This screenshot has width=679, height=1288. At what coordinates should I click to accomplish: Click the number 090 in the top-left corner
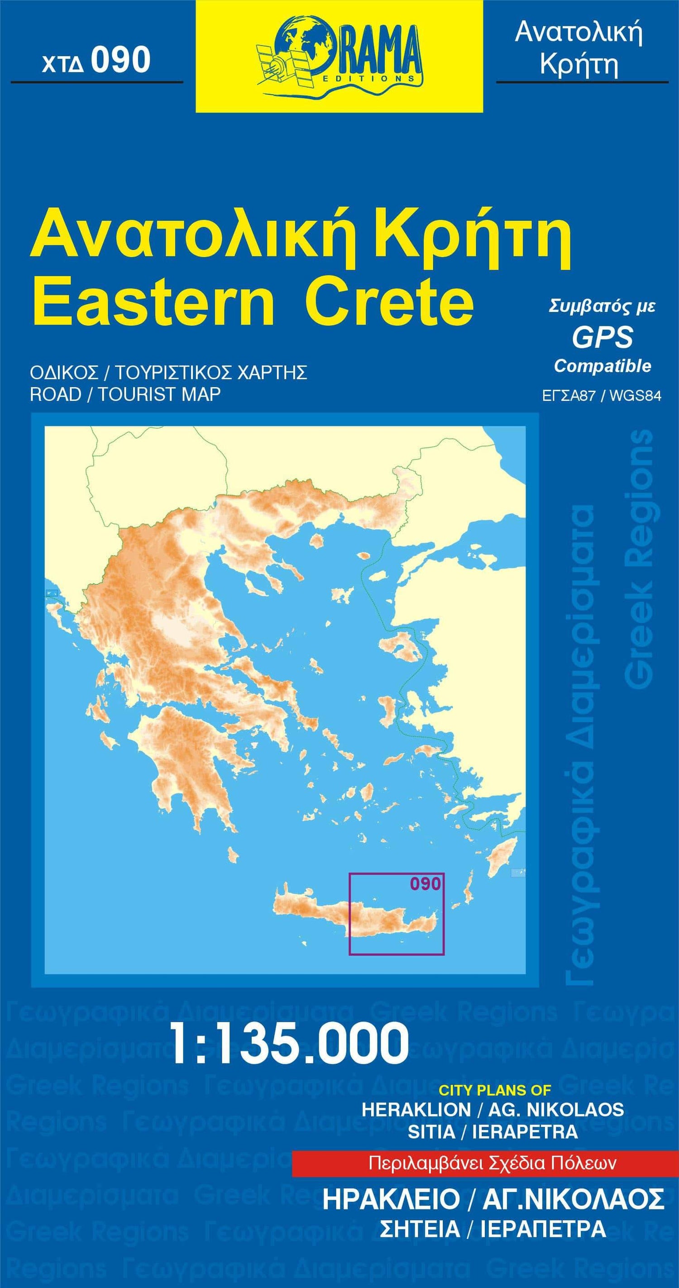coord(120,61)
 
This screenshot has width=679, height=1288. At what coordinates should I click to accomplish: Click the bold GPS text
coord(602,337)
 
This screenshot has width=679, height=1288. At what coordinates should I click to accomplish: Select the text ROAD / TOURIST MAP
coord(125,394)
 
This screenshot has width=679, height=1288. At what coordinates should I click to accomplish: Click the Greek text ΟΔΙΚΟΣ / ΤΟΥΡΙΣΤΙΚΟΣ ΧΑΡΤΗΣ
coord(168,373)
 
